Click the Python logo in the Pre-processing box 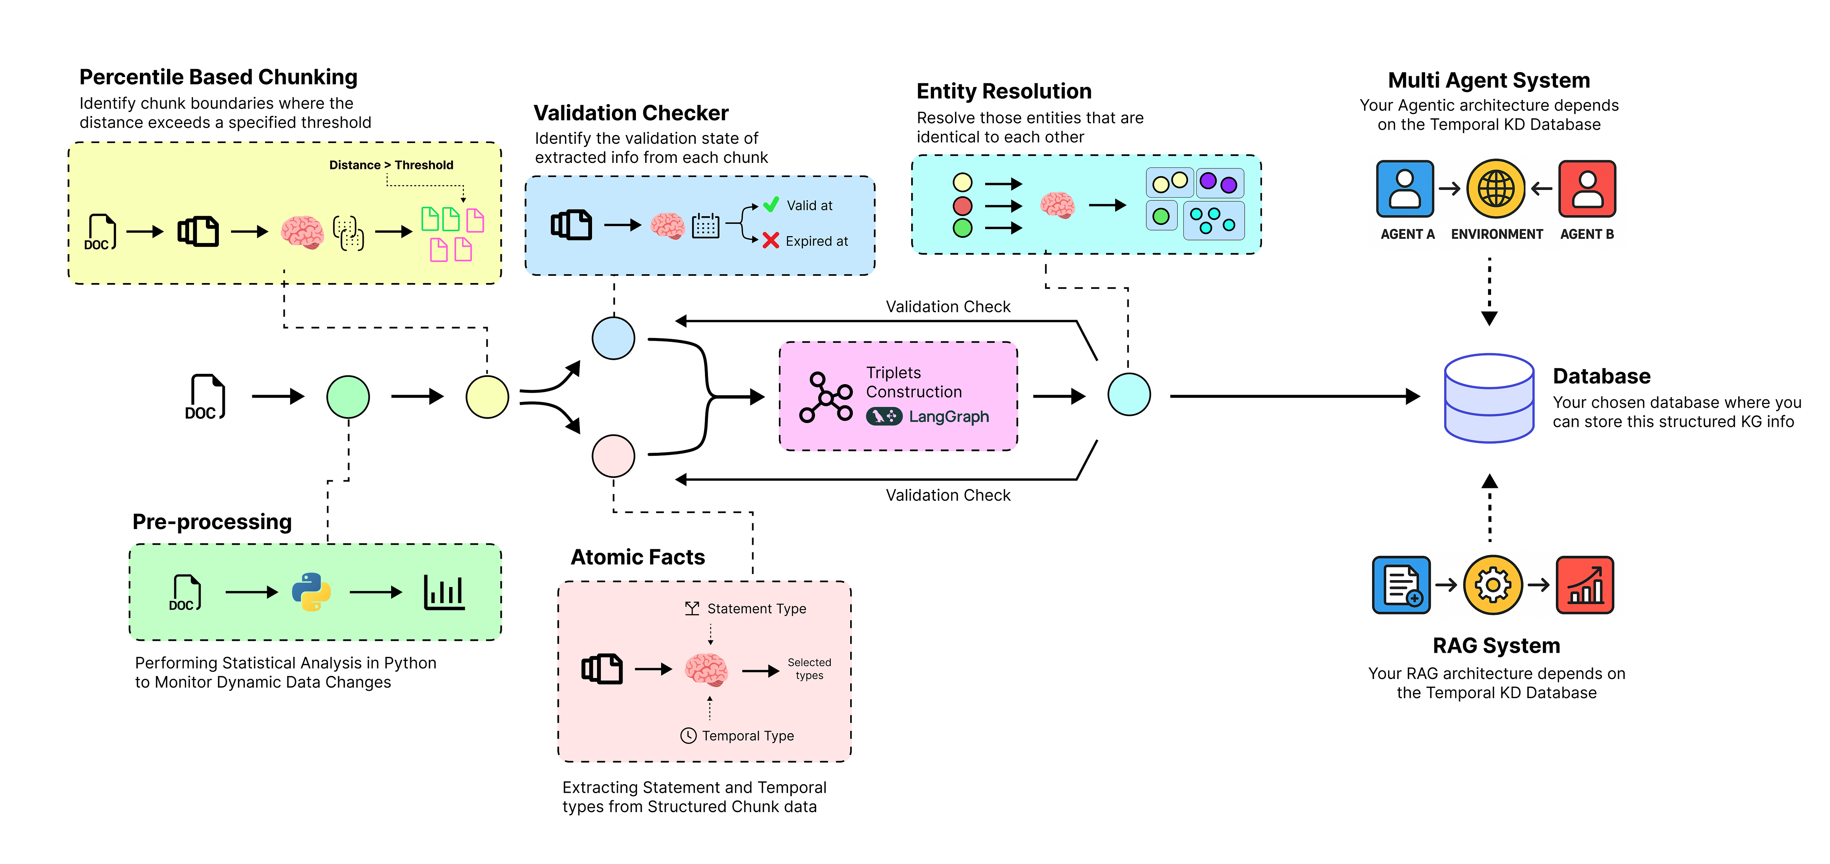[311, 592]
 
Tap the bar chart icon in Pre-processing [444, 592]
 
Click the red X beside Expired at [771, 240]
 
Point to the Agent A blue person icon [1405, 188]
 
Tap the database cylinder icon [1489, 398]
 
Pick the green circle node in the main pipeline [348, 396]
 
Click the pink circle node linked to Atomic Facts [613, 455]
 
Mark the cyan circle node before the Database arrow [1129, 394]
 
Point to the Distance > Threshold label [391, 165]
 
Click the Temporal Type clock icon [688, 735]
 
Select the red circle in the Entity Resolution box [963, 206]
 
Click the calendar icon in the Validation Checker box [705, 226]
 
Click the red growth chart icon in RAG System [1585, 585]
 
